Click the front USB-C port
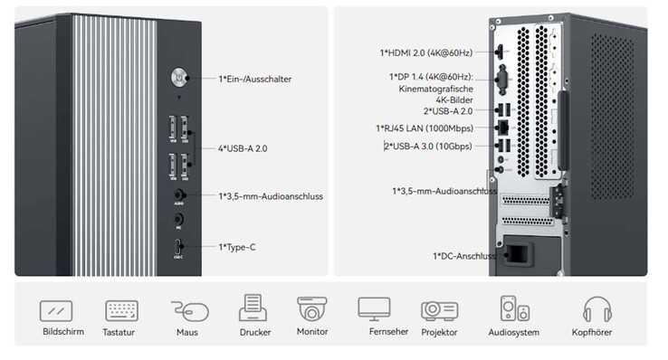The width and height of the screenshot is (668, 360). (x=177, y=247)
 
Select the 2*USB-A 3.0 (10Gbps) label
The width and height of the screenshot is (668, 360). (x=428, y=146)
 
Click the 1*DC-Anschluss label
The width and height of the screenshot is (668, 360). (x=463, y=256)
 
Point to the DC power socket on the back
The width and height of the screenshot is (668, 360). (x=516, y=252)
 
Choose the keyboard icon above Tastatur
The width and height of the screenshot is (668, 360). (x=121, y=310)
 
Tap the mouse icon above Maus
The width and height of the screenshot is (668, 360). (x=189, y=310)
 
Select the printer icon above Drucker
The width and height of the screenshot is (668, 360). (x=253, y=308)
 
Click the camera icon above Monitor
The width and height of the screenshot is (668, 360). (x=311, y=308)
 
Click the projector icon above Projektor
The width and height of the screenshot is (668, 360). (x=439, y=309)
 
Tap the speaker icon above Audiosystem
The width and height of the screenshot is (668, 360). (x=512, y=309)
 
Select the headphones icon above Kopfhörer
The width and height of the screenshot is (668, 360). (x=597, y=309)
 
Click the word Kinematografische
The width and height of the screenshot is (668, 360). (x=436, y=89)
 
